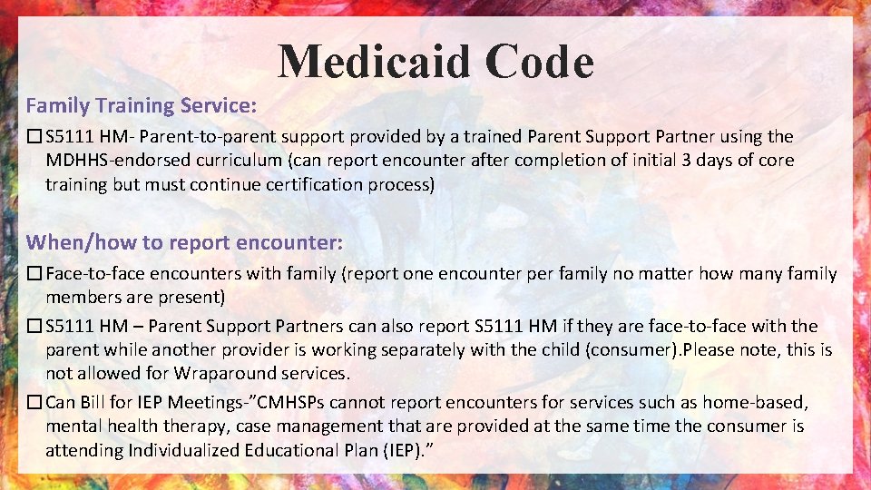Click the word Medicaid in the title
pyautogui.click(x=374, y=62)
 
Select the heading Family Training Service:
pyautogui.click(x=141, y=105)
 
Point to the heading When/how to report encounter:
pyautogui.click(x=184, y=242)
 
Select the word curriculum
pyautogui.click(x=237, y=161)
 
